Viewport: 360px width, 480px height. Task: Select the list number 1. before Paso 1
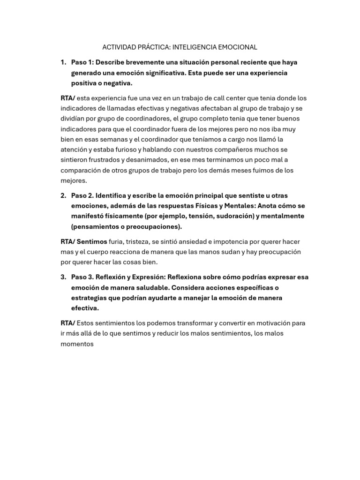coord(63,62)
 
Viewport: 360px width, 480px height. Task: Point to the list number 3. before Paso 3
coord(63,277)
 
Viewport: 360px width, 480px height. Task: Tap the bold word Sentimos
coord(92,241)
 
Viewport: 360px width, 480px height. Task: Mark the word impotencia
coord(232,241)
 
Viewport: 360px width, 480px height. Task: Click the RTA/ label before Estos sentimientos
coord(67,323)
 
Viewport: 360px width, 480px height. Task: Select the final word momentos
coord(77,344)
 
